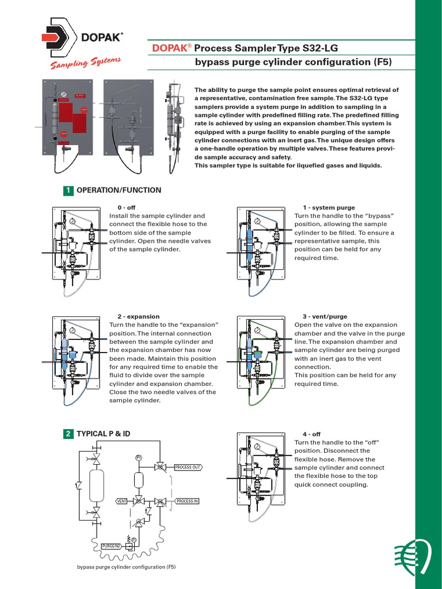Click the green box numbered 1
click(68, 190)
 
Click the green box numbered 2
click(68, 434)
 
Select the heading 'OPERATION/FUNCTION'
click(119, 190)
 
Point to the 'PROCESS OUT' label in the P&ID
click(188, 468)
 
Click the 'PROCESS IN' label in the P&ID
click(187, 501)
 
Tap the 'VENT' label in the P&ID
click(121, 501)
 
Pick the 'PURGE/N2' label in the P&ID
click(110, 545)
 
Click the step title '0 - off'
click(127, 208)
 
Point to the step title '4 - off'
click(311, 434)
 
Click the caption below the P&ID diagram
click(126, 567)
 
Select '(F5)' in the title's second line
click(381, 62)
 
